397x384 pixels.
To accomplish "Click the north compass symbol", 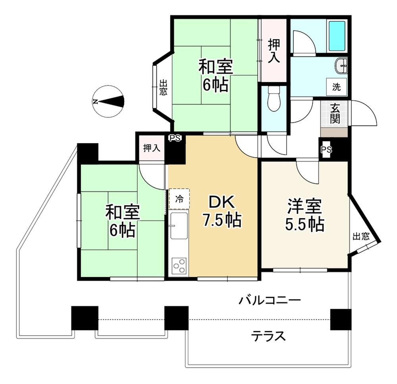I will point(108,101).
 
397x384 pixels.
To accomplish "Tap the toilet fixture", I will point(274,99).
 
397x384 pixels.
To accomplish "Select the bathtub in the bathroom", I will point(337,35).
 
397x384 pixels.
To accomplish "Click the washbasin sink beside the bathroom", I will point(341,66).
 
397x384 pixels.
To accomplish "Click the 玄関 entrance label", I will point(335,113).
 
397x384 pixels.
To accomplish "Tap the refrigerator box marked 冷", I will point(179,199).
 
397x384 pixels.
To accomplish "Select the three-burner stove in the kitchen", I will point(179,265).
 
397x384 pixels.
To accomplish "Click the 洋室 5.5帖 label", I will point(304,216).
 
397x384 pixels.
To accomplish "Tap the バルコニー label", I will point(270,300).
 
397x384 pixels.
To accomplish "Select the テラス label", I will point(268,336).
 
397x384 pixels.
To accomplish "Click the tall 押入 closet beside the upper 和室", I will point(273,51).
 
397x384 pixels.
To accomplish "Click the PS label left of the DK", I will point(175,138).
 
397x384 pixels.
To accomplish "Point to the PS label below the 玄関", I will point(326,150).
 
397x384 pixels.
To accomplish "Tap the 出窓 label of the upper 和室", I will point(163,88).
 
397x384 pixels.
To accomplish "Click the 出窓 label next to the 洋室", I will point(361,237).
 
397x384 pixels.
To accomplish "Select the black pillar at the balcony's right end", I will point(341,319).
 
